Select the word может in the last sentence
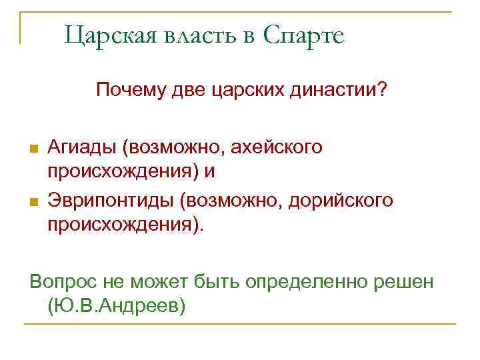[154, 281]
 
